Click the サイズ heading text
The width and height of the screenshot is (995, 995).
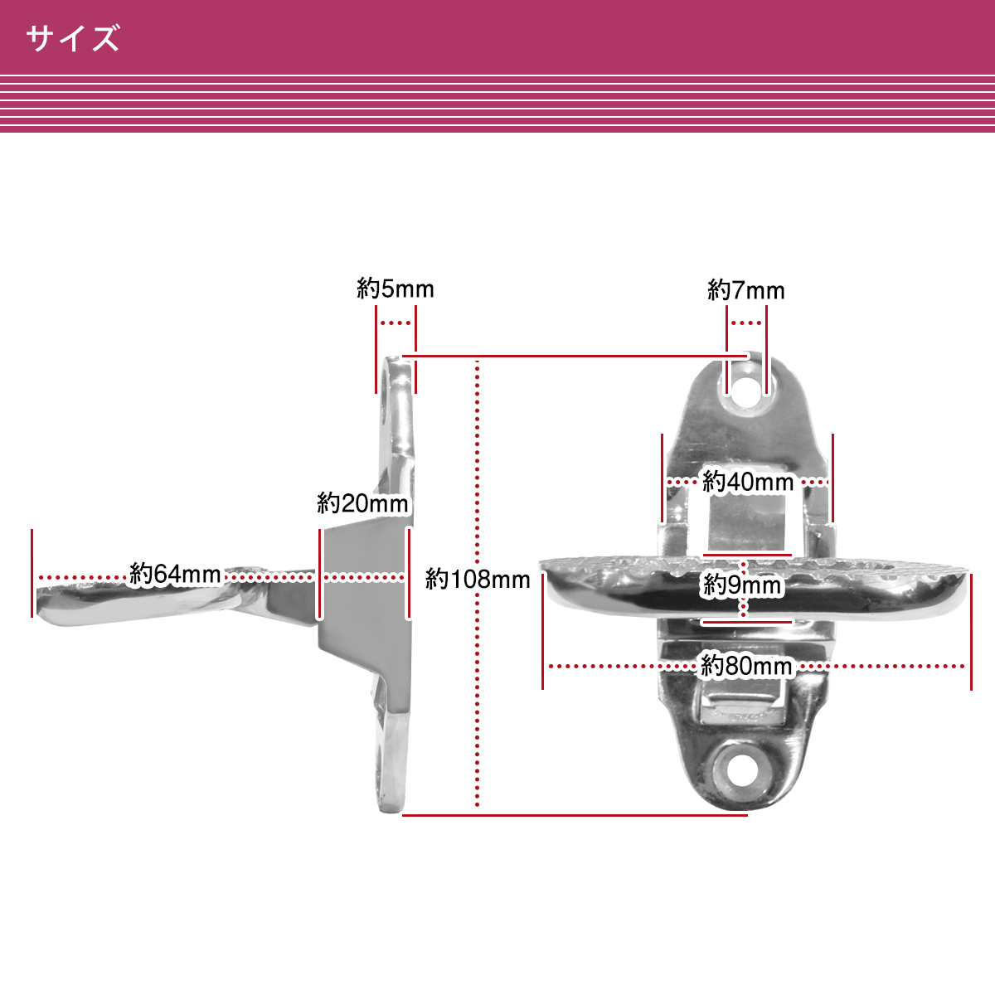pyautogui.click(x=72, y=38)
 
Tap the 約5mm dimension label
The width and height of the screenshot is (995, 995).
pyautogui.click(x=395, y=289)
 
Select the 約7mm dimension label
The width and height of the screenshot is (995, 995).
pyautogui.click(x=745, y=290)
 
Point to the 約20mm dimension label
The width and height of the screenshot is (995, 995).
pyautogui.click(x=362, y=503)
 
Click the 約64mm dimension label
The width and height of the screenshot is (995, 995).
pyautogui.click(x=175, y=574)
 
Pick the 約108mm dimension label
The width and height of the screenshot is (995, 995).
pyautogui.click(x=478, y=580)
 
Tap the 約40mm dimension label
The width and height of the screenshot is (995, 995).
pyautogui.click(x=747, y=482)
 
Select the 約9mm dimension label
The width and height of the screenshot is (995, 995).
pyautogui.click(x=742, y=585)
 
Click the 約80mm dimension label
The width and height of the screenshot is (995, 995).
pyautogui.click(x=746, y=666)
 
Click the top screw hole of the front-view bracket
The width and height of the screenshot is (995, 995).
pyautogui.click(x=746, y=388)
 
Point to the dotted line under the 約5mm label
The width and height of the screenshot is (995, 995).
pyautogui.click(x=396, y=323)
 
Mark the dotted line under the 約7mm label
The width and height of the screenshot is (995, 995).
pyautogui.click(x=746, y=323)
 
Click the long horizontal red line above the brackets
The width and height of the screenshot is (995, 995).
pyautogui.click(x=575, y=356)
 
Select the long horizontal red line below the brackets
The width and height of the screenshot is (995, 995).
pyautogui.click(x=575, y=815)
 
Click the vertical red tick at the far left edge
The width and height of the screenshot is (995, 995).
pyautogui.click(x=32, y=573)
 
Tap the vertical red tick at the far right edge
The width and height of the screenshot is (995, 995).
pyautogui.click(x=971, y=632)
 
